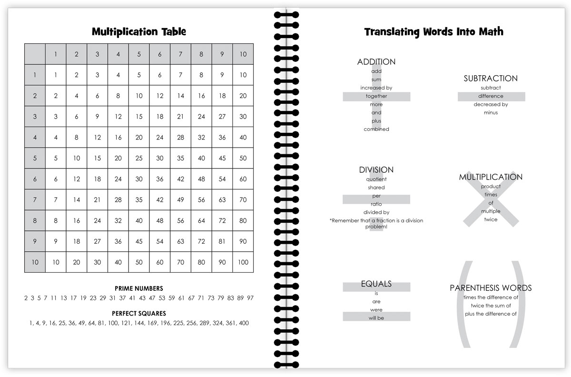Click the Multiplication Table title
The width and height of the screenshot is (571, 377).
(138, 32)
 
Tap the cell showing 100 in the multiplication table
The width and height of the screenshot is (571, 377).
(243, 262)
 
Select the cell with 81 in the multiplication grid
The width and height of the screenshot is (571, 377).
(222, 241)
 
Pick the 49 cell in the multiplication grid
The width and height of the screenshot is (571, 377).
(180, 200)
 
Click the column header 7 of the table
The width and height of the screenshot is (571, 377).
(180, 54)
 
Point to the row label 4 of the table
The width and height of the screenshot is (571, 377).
(35, 138)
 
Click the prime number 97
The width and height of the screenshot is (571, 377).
(250, 298)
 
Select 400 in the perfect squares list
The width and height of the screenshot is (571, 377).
(243, 323)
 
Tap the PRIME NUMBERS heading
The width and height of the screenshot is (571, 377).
(138, 288)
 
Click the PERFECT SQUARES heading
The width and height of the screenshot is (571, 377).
(138, 314)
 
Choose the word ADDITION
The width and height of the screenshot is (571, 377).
(376, 62)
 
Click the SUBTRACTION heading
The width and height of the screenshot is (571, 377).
(491, 79)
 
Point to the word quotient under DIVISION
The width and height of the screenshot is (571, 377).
(376, 179)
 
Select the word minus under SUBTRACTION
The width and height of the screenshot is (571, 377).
(491, 113)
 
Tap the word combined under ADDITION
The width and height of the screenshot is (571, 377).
(376, 129)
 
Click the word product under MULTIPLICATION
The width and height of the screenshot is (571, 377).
(491, 187)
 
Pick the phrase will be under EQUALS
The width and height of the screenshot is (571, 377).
(376, 317)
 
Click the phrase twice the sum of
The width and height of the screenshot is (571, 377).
(491, 306)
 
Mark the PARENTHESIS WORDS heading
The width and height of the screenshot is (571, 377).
(491, 288)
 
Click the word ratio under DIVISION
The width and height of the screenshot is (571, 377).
(376, 204)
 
